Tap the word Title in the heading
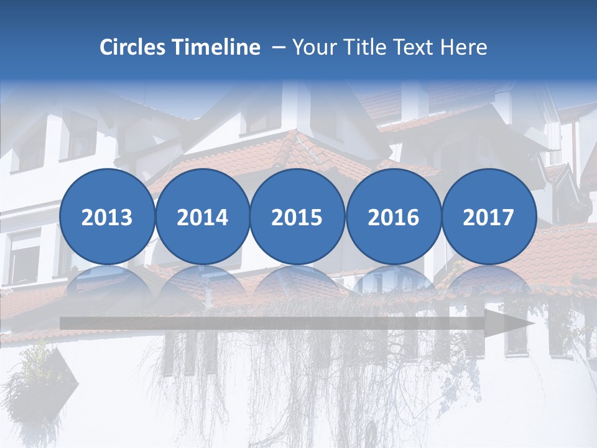click(x=364, y=47)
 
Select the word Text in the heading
click(x=416, y=47)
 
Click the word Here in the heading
click(x=464, y=47)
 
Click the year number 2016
click(x=394, y=218)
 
